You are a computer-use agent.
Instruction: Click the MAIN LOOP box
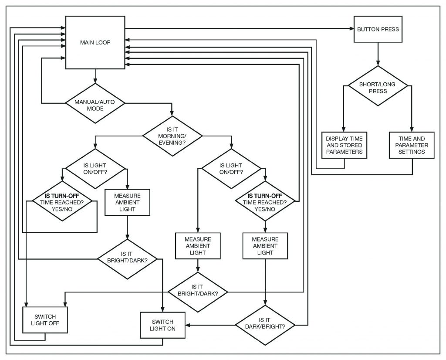tap(95, 42)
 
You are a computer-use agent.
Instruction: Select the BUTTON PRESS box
tap(378, 30)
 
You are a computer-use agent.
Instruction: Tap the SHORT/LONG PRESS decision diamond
tap(377, 86)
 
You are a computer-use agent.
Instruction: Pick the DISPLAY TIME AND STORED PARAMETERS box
tap(344, 145)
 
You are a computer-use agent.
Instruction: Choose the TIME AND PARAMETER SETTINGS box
tap(412, 145)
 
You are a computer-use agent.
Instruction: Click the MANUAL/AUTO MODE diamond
tap(95, 103)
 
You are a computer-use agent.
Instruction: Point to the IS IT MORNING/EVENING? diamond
tap(172, 136)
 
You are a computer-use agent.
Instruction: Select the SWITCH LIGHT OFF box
tap(45, 320)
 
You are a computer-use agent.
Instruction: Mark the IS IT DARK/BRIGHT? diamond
tap(265, 325)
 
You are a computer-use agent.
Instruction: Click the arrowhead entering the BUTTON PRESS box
tap(351, 29)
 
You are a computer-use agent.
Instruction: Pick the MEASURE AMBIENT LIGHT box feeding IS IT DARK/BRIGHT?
tap(265, 246)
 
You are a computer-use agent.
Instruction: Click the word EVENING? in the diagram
tap(173, 142)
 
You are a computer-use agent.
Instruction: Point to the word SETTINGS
tap(412, 152)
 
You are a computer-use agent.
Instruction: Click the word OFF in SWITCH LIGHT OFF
tap(53, 323)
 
